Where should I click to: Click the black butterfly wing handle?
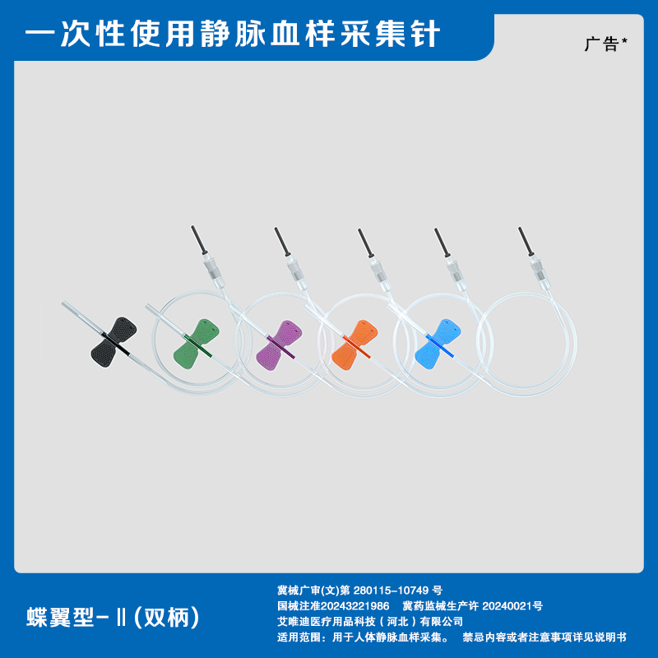(114, 341)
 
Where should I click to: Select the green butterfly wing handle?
(196, 344)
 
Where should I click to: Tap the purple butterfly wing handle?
(279, 345)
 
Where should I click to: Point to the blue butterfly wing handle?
(438, 344)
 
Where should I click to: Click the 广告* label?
(605, 44)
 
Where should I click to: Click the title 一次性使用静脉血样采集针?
(233, 33)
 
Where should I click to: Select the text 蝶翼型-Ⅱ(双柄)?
(113, 618)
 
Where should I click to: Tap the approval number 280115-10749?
(392, 591)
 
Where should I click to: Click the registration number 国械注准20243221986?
(333, 606)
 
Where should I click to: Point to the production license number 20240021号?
(512, 606)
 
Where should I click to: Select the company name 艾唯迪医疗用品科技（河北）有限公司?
(370, 622)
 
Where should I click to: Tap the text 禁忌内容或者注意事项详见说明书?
(544, 637)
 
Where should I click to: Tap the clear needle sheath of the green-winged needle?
(167, 321)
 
